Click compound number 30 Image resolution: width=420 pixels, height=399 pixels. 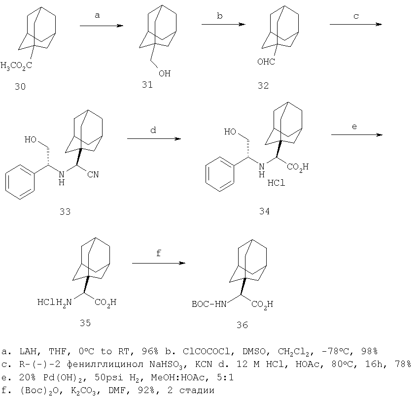click(20, 86)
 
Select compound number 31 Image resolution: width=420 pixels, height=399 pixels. click(147, 85)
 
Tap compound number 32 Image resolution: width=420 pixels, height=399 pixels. click(263, 85)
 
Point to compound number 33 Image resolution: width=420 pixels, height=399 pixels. click(65, 211)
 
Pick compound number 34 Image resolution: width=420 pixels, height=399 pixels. click(264, 211)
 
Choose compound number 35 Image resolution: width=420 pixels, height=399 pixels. click(85, 323)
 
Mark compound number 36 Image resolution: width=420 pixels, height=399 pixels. click(242, 325)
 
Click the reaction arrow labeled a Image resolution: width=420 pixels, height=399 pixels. click(102, 26)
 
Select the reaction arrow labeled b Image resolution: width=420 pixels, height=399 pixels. click(223, 24)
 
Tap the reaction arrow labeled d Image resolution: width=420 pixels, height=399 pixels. click(154, 138)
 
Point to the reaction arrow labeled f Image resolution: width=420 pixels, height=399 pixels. click(159, 263)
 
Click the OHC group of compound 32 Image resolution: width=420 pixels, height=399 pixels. click(266, 62)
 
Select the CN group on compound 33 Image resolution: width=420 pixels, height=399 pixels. click(93, 174)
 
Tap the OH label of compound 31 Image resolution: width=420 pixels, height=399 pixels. click(165, 73)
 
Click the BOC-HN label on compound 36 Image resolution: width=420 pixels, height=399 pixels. click(209, 304)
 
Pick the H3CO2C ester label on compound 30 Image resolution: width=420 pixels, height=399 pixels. click(16, 66)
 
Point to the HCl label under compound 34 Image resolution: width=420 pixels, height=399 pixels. click(276, 183)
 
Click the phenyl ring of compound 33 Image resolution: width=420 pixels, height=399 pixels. click(20, 182)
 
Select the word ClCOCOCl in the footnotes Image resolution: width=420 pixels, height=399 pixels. click(206, 351)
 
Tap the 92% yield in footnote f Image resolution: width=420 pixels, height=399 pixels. click(146, 390)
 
